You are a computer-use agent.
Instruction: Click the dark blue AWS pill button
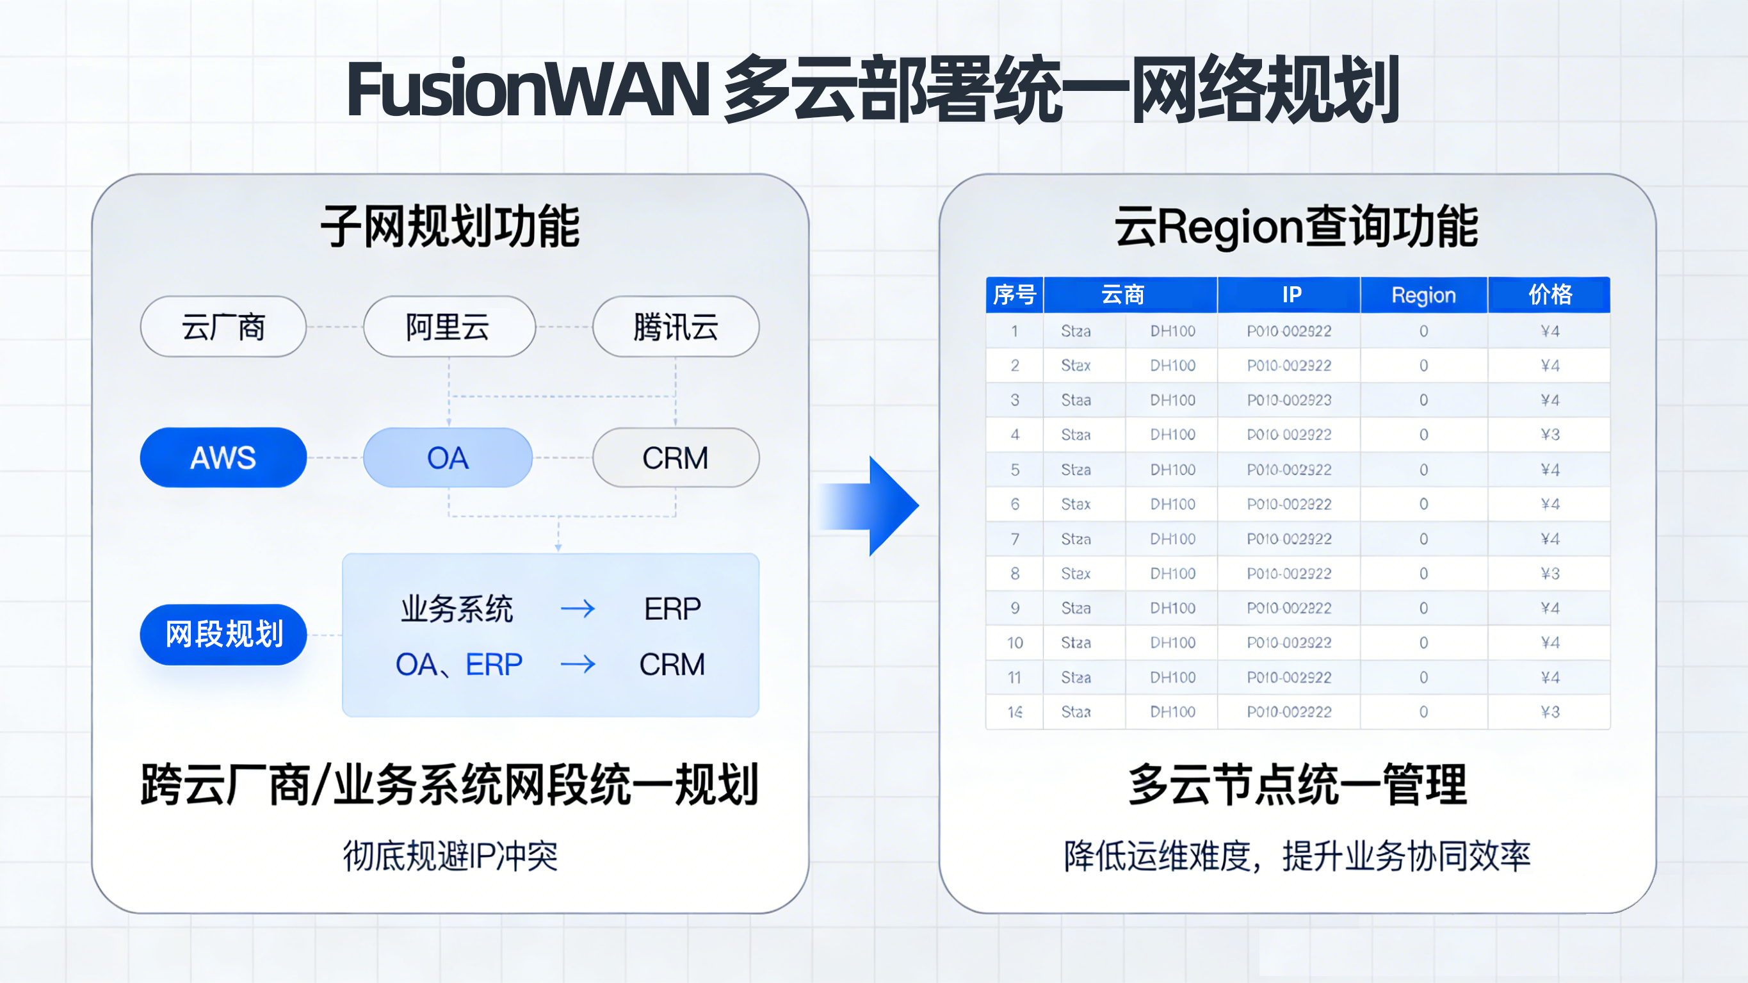coord(223,457)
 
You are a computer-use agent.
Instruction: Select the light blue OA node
coord(447,457)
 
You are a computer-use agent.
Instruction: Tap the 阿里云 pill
coord(449,327)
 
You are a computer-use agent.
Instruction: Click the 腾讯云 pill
coord(675,327)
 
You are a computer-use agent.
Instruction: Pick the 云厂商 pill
coord(223,327)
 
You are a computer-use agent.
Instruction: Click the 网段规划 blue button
coord(223,634)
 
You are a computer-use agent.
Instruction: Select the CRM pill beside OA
coord(675,457)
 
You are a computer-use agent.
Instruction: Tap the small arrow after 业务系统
coord(578,608)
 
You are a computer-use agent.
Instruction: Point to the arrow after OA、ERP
coord(578,664)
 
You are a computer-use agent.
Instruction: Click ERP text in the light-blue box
coord(672,608)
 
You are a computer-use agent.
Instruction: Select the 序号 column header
coord(1014,295)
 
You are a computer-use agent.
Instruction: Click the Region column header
coord(1423,295)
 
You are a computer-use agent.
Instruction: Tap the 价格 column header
coord(1549,295)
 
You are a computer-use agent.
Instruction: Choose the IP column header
coord(1291,295)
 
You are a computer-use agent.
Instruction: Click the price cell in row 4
coord(1549,434)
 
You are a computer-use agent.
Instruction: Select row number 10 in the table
coord(1014,642)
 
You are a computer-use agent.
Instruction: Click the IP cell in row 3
coord(1289,400)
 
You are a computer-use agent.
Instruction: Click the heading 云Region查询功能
coord(1296,226)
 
